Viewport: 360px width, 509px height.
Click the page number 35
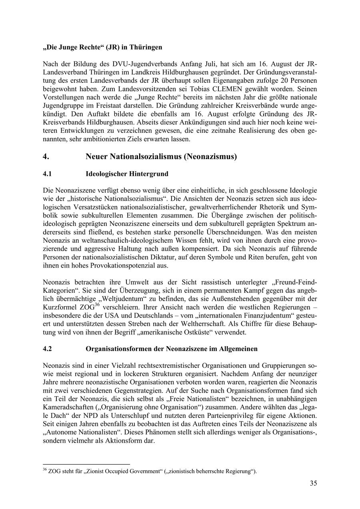click(x=313, y=483)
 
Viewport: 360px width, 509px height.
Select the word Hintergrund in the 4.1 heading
click(x=149, y=174)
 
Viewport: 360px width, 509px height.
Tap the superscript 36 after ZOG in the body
click(x=97, y=305)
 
